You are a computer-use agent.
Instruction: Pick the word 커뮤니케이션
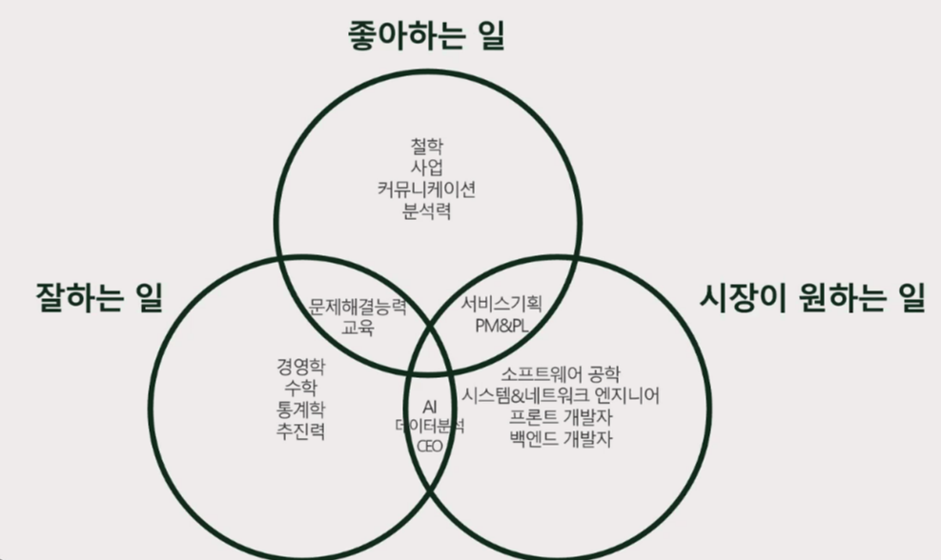pyautogui.click(x=426, y=190)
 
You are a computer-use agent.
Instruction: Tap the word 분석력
pyautogui.click(x=426, y=210)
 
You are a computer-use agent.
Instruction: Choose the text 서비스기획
pyautogui.click(x=501, y=305)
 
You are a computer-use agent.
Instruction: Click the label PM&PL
pyautogui.click(x=501, y=326)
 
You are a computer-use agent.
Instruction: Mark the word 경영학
pyautogui.click(x=298, y=367)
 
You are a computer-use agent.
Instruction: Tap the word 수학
pyautogui.click(x=298, y=389)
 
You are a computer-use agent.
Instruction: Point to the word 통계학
pyautogui.click(x=298, y=410)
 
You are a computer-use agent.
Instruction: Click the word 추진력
pyautogui.click(x=298, y=431)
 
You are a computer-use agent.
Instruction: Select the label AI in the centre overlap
pyautogui.click(x=429, y=407)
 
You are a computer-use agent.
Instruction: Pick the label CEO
pyautogui.click(x=429, y=446)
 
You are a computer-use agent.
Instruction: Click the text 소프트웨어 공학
pyautogui.click(x=561, y=373)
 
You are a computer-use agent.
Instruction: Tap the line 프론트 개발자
pyautogui.click(x=561, y=417)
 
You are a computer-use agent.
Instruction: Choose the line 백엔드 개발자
pyautogui.click(x=561, y=439)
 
